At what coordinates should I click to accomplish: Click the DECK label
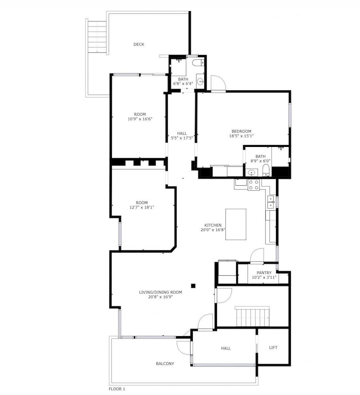139,44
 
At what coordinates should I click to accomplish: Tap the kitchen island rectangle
236,224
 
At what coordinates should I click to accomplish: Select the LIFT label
273,347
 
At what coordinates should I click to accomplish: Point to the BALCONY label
165,363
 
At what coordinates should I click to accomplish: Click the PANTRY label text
264,273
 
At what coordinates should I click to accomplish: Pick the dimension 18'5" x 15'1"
241,136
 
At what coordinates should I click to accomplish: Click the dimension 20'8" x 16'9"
160,297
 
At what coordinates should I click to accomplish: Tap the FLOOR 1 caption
117,389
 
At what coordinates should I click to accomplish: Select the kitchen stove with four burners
253,184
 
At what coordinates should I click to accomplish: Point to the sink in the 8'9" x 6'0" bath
251,173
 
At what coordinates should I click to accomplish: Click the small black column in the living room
193,286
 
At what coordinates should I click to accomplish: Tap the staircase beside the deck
97,36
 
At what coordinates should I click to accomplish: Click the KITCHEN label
213,225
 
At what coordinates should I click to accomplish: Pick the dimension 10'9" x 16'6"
140,118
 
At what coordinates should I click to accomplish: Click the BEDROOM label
241,131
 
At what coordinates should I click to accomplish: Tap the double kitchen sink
271,202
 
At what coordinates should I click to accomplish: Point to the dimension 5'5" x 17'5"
182,138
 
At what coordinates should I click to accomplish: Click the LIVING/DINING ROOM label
160,292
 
